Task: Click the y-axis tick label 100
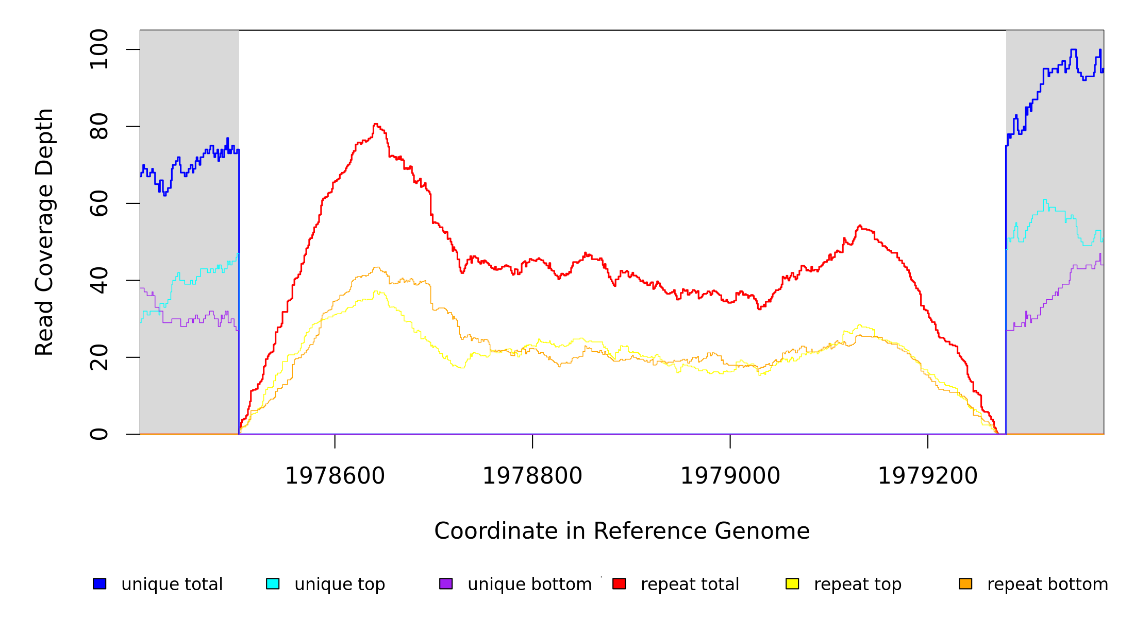pos(99,49)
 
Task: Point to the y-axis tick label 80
pos(99,126)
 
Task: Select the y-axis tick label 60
pos(99,203)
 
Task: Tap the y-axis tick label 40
pos(99,280)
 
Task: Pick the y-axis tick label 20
pos(99,357)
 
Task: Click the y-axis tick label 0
pos(99,434)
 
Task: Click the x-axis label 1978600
pos(335,476)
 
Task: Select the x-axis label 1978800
pos(532,476)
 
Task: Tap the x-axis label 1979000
pos(730,476)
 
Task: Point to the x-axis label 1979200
pos(928,476)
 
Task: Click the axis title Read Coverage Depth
pos(44,232)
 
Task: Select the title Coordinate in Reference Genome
pos(622,531)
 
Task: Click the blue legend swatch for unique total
pos(99,583)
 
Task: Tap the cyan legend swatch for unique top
pos(273,583)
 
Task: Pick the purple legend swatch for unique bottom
pos(446,583)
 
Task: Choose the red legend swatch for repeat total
pos(619,583)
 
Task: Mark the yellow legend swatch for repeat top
pos(792,583)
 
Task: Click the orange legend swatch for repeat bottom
pos(965,583)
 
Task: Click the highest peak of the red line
pos(375,124)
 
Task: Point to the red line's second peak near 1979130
pos(860,226)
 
